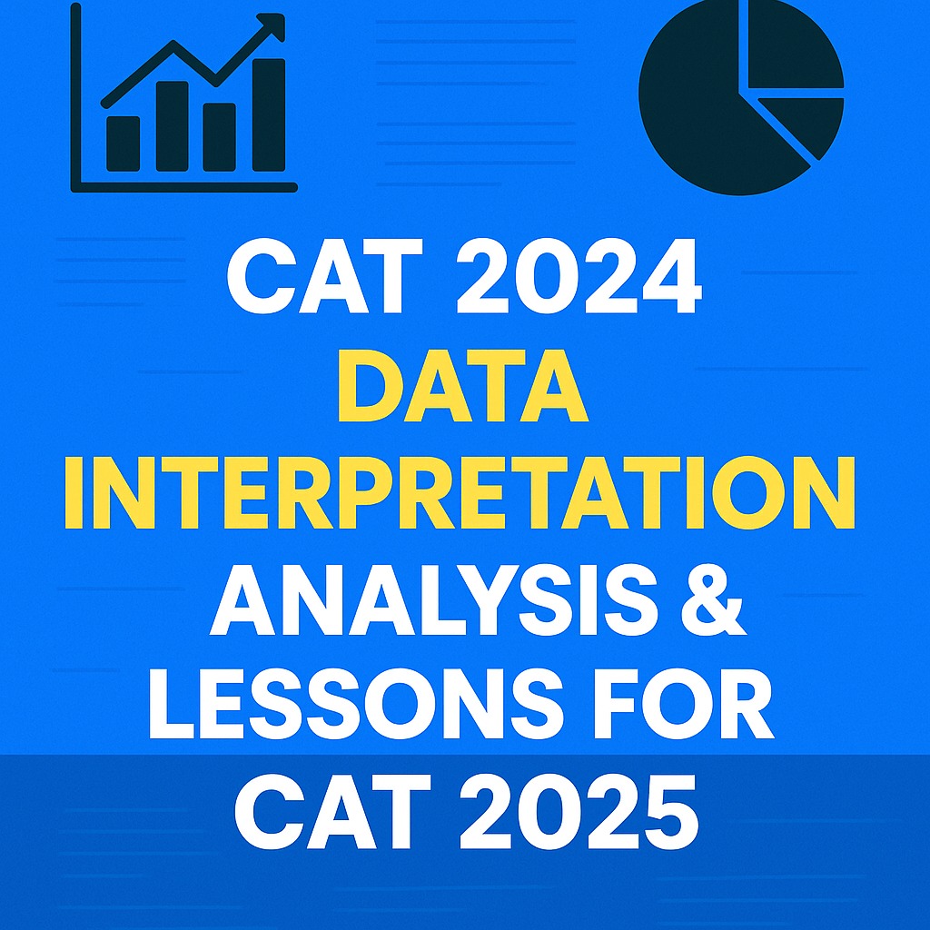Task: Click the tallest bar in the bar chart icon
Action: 269,115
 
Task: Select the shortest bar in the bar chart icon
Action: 124,143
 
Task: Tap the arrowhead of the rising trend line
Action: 272,26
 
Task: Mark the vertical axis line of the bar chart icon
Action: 75,98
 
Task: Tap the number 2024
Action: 579,277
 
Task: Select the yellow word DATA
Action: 463,386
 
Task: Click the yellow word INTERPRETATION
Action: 460,494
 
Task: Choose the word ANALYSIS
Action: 433,599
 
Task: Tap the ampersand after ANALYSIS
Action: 713,599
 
